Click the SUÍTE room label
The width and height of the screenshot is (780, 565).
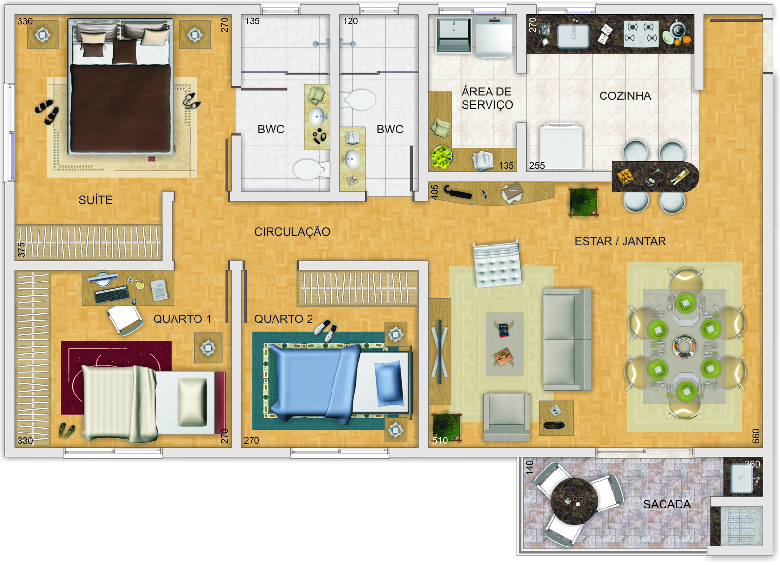click(x=96, y=200)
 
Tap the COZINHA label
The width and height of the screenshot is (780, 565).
click(x=625, y=95)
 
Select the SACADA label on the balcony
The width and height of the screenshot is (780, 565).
click(x=667, y=504)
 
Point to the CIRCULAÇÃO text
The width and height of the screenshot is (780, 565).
click(x=292, y=232)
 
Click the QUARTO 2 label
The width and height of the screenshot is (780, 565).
click(x=283, y=319)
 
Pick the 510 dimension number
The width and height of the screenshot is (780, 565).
click(x=440, y=440)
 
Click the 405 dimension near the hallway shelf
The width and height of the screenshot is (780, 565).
click(x=434, y=192)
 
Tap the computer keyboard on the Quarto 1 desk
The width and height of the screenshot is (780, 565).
click(x=112, y=294)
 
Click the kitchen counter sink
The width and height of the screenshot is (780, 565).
click(x=573, y=36)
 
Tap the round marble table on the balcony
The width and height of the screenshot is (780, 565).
click(x=574, y=501)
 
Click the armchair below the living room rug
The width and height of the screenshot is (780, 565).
click(x=507, y=417)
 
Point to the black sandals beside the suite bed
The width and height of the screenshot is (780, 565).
click(x=47, y=111)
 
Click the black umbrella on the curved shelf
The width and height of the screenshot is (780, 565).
click(x=458, y=192)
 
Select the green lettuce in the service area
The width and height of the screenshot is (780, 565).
click(x=442, y=157)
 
